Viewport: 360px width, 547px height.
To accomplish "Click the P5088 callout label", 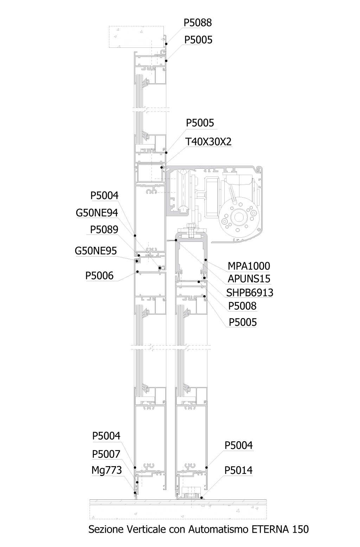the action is pyautogui.click(x=198, y=23).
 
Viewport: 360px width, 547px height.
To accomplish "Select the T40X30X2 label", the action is pyautogui.click(x=208, y=142).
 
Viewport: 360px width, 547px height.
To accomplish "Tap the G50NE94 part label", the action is pyautogui.click(x=97, y=213).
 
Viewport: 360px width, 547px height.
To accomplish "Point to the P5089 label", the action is pyautogui.click(x=104, y=230).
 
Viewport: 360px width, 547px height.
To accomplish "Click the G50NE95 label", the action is pyautogui.click(x=96, y=251).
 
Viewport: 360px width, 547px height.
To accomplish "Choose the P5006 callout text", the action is pyautogui.click(x=99, y=276).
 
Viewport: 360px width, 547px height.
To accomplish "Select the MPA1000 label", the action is pyautogui.click(x=249, y=266).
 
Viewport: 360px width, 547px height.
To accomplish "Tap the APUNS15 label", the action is pyautogui.click(x=249, y=279).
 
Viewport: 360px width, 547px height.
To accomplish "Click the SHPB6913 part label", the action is pyautogui.click(x=250, y=292).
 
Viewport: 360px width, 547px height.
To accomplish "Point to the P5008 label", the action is pyautogui.click(x=242, y=306).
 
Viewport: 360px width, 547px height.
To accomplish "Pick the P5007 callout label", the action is pyautogui.click(x=106, y=454).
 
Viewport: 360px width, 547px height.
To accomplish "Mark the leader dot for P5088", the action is pyautogui.click(x=166, y=44).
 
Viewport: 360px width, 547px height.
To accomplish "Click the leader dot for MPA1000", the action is pyautogui.click(x=206, y=259).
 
